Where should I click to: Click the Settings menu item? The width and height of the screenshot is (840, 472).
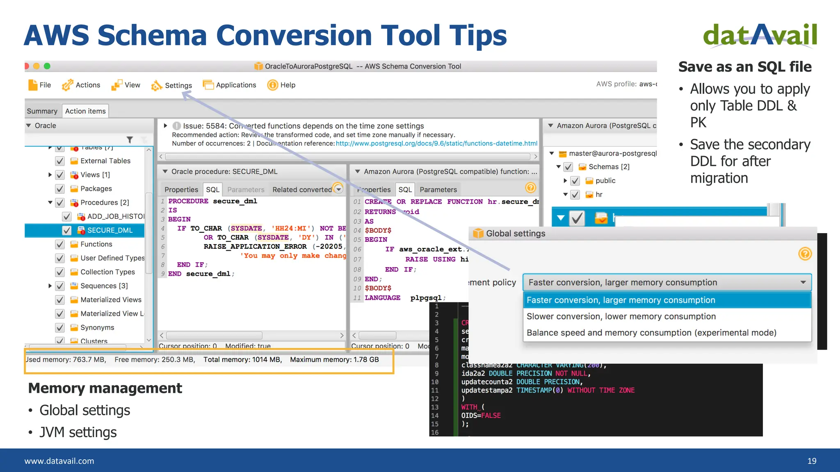[x=178, y=85]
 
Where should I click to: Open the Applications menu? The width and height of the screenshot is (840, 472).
[x=235, y=85]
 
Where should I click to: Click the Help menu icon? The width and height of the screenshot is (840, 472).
[x=272, y=85]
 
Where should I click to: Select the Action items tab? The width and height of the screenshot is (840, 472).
[x=85, y=111]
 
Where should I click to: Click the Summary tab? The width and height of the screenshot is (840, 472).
[x=42, y=111]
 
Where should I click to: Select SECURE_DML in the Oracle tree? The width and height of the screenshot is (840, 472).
[x=110, y=230]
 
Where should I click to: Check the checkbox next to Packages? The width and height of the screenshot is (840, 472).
[x=60, y=189]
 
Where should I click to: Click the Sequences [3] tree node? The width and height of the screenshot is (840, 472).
[x=104, y=286]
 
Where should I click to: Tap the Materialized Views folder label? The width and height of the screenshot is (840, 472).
[x=111, y=300]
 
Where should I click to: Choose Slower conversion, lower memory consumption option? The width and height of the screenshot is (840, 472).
[x=621, y=316]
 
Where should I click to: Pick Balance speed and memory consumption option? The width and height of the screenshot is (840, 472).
[x=651, y=333]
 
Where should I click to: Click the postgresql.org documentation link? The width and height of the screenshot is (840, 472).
[x=436, y=143]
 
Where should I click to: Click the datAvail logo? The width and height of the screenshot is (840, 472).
[x=760, y=36]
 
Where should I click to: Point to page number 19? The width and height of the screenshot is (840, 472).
[x=812, y=461]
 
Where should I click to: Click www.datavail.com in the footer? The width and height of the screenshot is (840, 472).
[x=59, y=461]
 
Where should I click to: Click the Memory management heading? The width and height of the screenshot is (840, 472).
[x=105, y=388]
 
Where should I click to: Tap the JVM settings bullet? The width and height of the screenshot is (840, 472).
[x=78, y=432]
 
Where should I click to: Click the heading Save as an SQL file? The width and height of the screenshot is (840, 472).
[x=745, y=67]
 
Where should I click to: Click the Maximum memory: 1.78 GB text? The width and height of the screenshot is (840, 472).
[x=334, y=360]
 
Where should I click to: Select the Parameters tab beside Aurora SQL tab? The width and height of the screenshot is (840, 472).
[x=438, y=190]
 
